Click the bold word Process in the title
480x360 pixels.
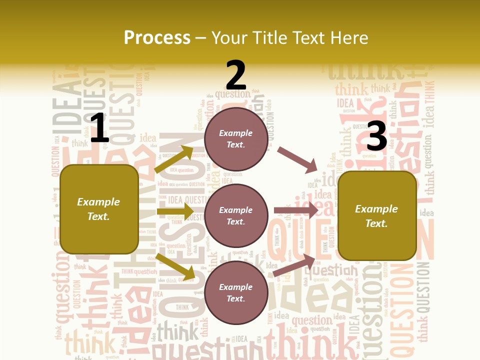157,38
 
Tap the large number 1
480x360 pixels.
99,128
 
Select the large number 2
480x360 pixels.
236,75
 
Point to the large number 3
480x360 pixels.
376,136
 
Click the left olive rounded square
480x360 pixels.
99,209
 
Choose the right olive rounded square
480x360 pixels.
377,216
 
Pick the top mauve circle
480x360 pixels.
236,139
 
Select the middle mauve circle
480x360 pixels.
236,216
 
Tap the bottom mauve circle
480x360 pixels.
236,293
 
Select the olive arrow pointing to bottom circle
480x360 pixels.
175,266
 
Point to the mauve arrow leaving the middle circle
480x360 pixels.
296,210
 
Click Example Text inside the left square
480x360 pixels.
98,209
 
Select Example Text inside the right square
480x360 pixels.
376,216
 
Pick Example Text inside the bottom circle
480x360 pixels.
236,293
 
